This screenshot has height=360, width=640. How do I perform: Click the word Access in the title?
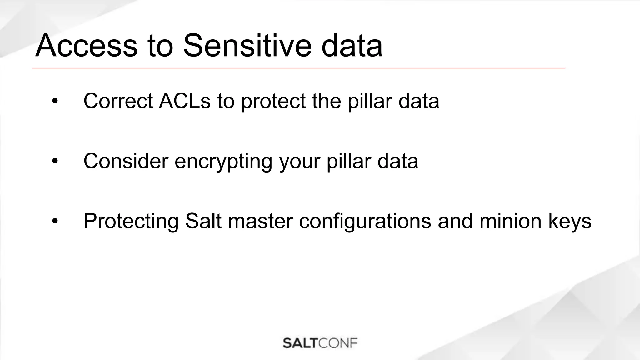tap(86, 46)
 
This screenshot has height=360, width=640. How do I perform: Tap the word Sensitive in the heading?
tap(247, 46)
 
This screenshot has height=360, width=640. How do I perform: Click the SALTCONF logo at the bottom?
tap(320, 343)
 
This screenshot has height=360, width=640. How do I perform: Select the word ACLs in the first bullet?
tap(184, 101)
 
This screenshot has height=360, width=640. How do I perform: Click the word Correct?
tap(118, 101)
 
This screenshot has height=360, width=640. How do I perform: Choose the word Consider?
tap(126, 161)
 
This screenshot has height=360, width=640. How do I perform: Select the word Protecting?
tap(131, 222)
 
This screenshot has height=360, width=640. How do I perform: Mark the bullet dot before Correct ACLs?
tap(55, 101)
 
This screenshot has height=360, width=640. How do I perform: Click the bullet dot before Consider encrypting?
tap(55, 161)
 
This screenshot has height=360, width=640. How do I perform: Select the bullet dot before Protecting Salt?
tap(55, 221)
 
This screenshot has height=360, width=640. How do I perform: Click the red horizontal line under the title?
tap(298, 68)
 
